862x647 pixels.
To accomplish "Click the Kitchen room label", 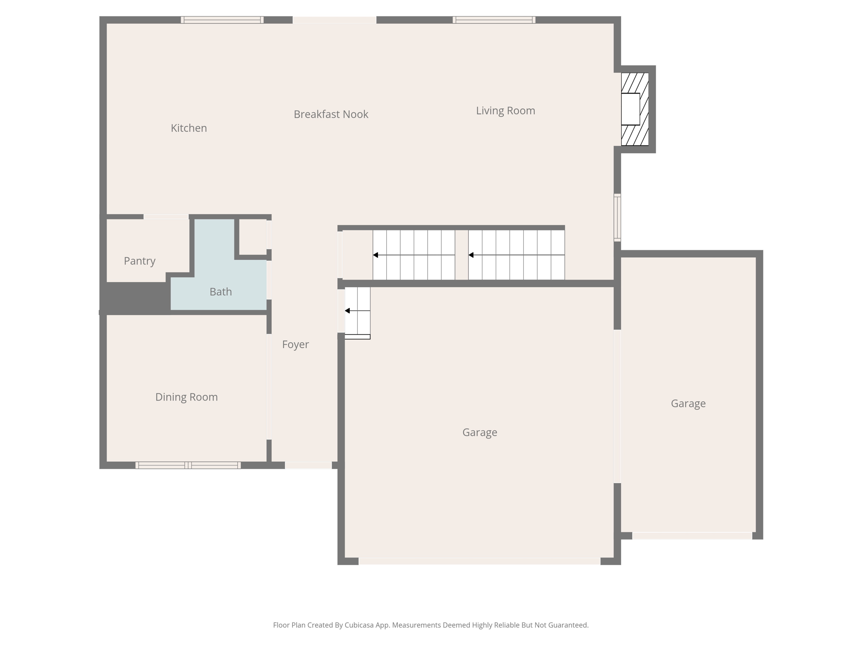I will coord(189,128).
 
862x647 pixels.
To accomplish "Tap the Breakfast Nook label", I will coord(331,114).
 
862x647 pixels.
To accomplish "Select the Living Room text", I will coord(505,111).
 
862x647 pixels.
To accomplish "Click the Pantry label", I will coord(139,261).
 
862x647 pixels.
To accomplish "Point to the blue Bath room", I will coord(220,291).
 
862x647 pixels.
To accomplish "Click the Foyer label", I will coord(295,345).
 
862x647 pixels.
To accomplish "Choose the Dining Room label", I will coord(186,397).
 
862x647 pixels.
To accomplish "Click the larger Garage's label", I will coord(479,433).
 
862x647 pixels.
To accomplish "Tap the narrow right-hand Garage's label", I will coord(688,404).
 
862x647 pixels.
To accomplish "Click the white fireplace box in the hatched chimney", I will coord(630,109).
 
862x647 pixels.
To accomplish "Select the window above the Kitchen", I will coord(222,20).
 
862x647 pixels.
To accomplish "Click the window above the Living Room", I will coord(494,20).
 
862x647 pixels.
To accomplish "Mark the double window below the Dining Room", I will coord(188,465).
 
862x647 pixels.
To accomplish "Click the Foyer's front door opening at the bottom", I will coord(308,465).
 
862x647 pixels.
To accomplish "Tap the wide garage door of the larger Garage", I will coord(479,561).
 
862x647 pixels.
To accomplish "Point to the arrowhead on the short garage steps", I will coord(347,311).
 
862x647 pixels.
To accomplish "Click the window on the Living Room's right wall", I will coord(617,217).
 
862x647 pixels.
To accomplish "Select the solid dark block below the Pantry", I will coord(135,297).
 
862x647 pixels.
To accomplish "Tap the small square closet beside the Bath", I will coord(253,237).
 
